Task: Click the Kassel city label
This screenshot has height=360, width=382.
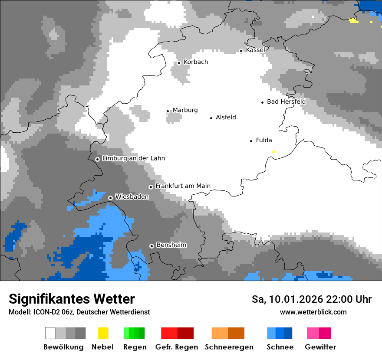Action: point(255,50)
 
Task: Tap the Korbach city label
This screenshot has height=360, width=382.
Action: point(196,62)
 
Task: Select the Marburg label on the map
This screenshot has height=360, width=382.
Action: point(185,110)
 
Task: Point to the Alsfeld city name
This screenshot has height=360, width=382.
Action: point(226,117)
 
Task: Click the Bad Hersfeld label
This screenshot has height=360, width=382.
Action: point(286,101)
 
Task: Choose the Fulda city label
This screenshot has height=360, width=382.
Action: point(264,140)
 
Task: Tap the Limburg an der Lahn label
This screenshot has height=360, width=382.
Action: point(133,158)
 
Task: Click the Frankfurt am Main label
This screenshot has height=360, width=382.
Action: point(183,186)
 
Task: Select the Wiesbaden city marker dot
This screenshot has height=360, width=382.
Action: point(111,198)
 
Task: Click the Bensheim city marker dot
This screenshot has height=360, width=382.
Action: point(151,246)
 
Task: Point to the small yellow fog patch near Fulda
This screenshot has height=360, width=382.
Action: point(274,152)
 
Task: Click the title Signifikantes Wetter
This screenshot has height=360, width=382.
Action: point(72,299)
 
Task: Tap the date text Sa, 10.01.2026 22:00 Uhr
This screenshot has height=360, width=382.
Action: point(312,299)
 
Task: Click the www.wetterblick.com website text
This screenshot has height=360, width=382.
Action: point(313,312)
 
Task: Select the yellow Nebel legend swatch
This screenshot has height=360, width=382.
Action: point(103,333)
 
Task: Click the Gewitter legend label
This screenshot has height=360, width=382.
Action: point(320,347)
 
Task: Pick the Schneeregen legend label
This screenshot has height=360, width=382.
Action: point(229,347)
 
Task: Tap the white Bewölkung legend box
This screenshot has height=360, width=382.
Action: point(50,333)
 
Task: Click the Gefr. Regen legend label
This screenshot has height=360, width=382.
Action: point(177,347)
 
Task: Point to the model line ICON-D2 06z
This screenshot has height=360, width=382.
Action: point(79,312)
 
